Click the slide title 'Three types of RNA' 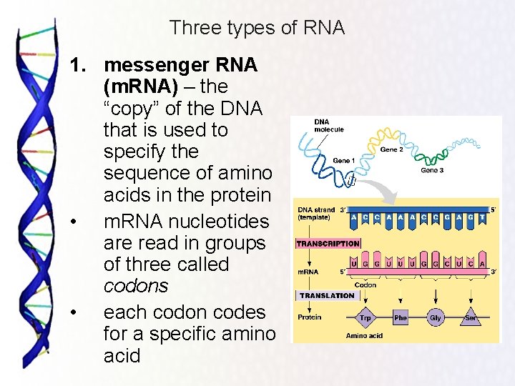257,28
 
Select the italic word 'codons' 136,286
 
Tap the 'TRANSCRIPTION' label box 328,244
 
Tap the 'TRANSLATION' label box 327,295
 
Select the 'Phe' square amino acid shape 400,317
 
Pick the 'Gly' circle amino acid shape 435,317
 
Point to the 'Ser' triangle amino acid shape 471,318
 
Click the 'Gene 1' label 341,161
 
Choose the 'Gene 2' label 391,150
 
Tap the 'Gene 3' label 431,171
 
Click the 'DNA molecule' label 328,125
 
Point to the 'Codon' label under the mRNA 366,285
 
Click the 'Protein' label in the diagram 310,317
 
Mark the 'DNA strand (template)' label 315,212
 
